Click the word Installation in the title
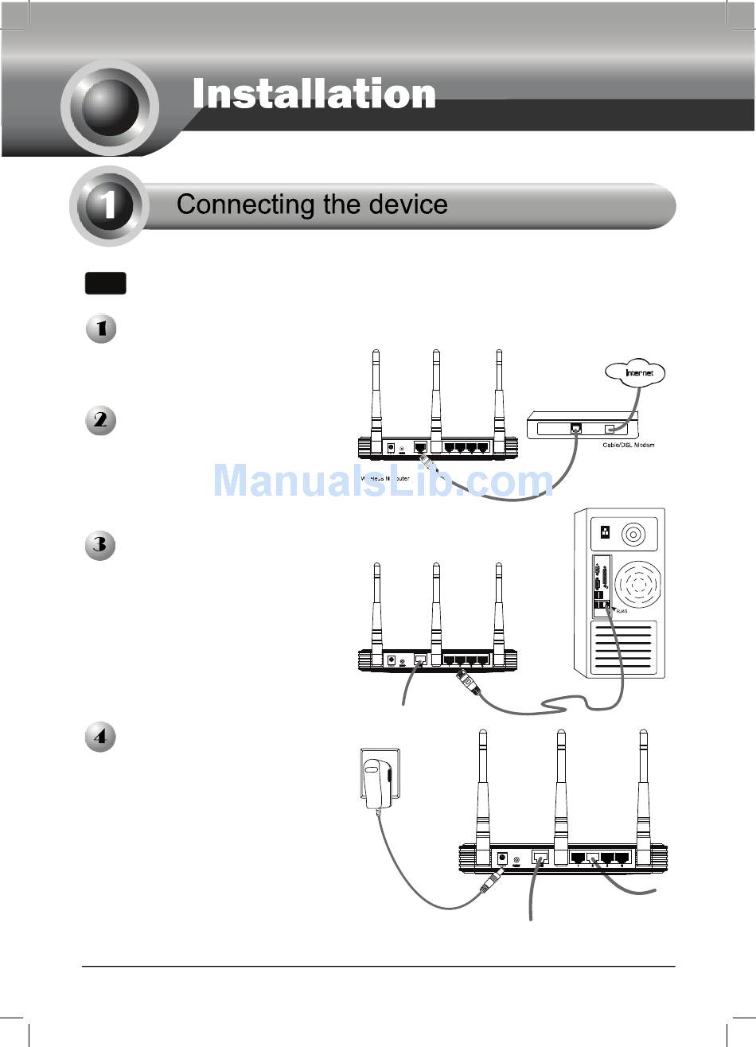(x=314, y=95)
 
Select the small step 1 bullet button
(x=101, y=329)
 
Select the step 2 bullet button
(x=101, y=420)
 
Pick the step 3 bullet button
(x=101, y=546)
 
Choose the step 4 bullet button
(x=101, y=737)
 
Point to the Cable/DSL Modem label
(x=628, y=445)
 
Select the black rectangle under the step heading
(x=105, y=284)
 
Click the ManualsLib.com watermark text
(x=382, y=481)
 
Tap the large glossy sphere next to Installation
(x=110, y=107)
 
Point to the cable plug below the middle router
(x=467, y=684)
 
